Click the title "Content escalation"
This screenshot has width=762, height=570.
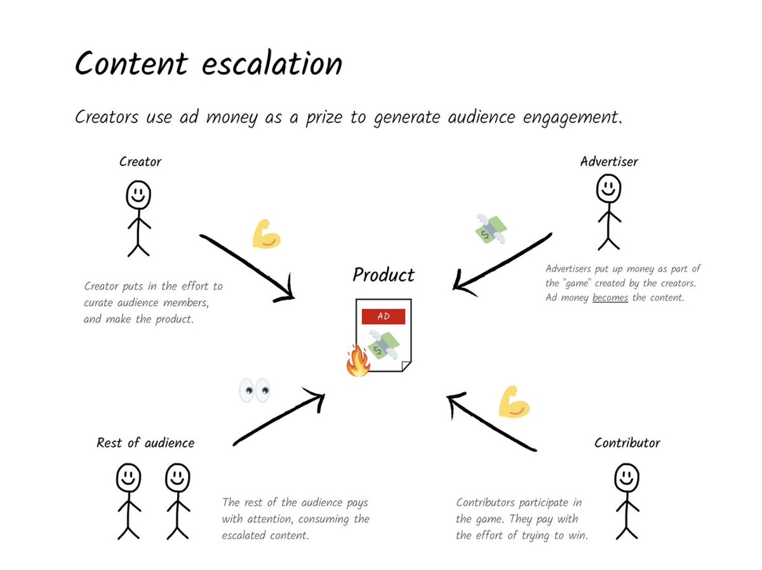tap(208, 64)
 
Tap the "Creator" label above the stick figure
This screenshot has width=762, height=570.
tap(140, 162)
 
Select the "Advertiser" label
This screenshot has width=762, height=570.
tap(609, 161)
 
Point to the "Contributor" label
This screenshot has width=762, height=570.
tap(627, 443)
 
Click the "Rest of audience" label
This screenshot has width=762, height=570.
tap(145, 443)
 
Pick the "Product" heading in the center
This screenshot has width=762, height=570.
tap(384, 275)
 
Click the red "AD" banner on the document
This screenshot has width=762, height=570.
tap(383, 316)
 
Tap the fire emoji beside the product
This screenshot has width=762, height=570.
tap(358, 361)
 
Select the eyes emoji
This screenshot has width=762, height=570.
tap(254, 390)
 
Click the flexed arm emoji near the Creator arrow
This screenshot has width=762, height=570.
tap(266, 234)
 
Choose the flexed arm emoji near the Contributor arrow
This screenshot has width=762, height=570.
tap(514, 402)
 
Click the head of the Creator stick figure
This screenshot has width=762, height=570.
tap(138, 194)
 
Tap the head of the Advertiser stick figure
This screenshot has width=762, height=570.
tap(608, 188)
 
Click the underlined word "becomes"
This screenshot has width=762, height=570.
tap(610, 297)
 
